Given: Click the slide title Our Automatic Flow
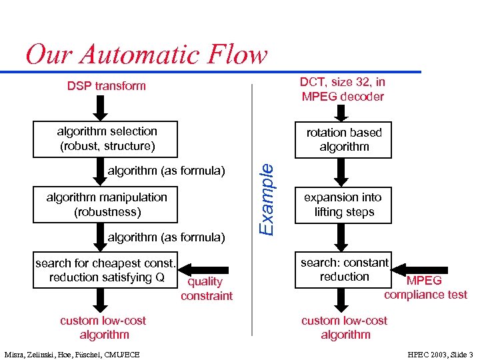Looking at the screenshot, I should (x=146, y=54).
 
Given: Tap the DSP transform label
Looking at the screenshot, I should (x=106, y=85).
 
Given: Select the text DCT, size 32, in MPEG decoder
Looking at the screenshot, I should (x=342, y=89).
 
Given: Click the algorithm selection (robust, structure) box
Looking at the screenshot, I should (x=107, y=139).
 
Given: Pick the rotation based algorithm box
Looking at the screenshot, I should (x=344, y=139).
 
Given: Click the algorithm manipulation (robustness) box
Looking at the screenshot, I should (x=107, y=205).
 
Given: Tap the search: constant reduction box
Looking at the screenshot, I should (x=344, y=270).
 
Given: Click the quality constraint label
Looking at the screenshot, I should (x=206, y=289).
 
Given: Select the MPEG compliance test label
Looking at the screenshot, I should (x=425, y=287).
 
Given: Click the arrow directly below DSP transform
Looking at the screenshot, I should (x=102, y=107).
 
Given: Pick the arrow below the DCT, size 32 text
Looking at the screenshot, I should (x=341, y=111).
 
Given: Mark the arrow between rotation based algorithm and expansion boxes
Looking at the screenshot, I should (x=341, y=173).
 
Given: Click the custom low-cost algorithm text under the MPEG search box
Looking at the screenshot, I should (x=344, y=327).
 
